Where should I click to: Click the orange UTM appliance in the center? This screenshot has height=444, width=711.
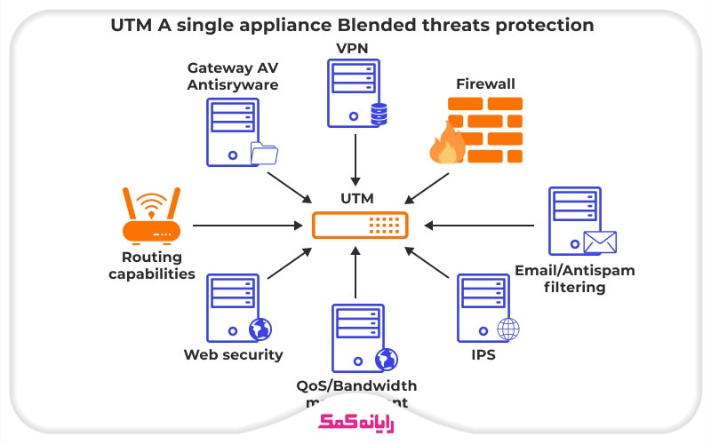360,226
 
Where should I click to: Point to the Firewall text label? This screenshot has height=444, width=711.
485,84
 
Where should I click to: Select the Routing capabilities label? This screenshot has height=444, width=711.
151,266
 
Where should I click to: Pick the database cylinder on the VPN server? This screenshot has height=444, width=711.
379,115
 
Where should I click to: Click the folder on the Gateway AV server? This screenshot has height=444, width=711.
264,154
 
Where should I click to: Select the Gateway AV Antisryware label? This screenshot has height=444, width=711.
232,76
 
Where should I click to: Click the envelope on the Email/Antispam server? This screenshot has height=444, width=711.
599,242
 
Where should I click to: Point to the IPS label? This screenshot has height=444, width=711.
483,354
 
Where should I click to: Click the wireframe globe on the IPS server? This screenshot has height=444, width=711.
508,329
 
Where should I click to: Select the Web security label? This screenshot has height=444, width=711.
233,354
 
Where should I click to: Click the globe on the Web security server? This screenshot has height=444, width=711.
260,329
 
